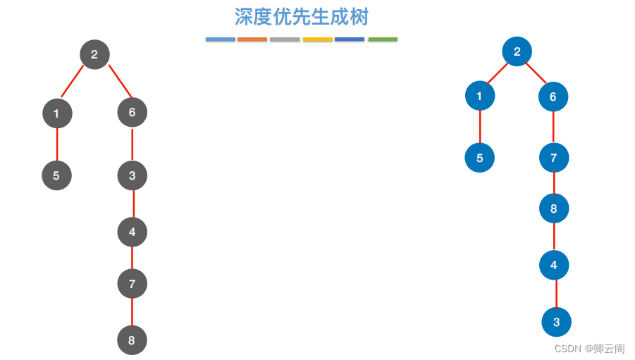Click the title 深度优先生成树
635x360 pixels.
[x=302, y=16]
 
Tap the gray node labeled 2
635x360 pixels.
[x=94, y=54]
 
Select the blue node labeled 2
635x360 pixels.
[x=517, y=51]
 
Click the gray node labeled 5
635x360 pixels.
[x=56, y=175]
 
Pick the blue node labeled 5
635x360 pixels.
[x=479, y=158]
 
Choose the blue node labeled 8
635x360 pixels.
[x=554, y=209]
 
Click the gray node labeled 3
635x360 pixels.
[x=132, y=175]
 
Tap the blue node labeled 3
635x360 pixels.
[x=556, y=322]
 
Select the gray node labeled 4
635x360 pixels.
[x=132, y=232]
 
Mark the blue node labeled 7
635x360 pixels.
[x=554, y=158]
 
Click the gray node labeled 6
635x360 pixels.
[x=132, y=112]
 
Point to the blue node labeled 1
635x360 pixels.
[x=480, y=96]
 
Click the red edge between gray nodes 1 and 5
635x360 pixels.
[x=57, y=144]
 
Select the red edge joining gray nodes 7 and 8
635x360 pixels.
[x=132, y=312]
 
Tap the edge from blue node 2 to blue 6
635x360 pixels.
[x=536, y=73]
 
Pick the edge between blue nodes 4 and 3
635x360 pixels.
[x=555, y=294]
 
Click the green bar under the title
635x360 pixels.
[x=383, y=39]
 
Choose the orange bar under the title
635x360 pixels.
[x=252, y=39]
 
